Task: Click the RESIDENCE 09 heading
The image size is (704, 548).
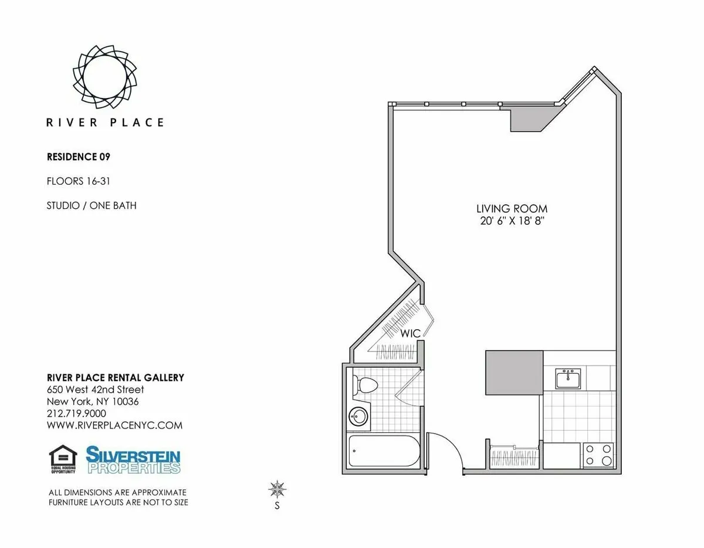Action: tap(79, 157)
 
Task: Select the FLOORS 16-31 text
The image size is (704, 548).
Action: tap(79, 181)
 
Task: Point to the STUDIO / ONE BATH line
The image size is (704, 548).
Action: tap(92, 205)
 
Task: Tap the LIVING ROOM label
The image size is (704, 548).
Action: tap(512, 209)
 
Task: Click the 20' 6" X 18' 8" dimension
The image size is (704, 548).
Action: tap(512, 221)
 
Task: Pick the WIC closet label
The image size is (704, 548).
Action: tap(411, 333)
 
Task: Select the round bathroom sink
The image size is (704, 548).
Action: tap(358, 417)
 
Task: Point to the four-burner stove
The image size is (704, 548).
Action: tap(598, 454)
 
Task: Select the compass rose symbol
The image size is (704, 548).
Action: tap(277, 488)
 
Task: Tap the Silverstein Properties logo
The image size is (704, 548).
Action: tap(133, 459)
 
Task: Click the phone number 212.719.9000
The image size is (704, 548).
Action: tap(76, 414)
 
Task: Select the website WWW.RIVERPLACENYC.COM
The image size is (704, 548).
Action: tap(114, 425)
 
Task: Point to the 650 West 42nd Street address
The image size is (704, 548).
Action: tap(95, 390)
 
